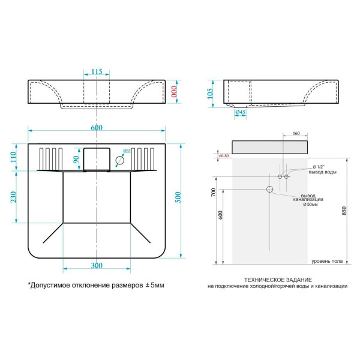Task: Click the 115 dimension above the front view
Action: click(97, 71)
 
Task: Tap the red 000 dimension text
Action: click(175, 91)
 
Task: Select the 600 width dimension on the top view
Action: click(97, 127)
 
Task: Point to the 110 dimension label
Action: click(14, 158)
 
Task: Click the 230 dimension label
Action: click(14, 196)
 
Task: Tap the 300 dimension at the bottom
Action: click(97, 265)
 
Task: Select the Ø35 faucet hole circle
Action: click(120, 160)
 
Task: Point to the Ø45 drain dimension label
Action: click(239, 112)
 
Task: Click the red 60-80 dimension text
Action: click(224, 155)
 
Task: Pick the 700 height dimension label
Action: click(213, 193)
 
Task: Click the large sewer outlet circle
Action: click(269, 190)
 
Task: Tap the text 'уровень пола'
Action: click(327, 262)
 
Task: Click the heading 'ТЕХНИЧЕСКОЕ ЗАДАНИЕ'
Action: click(277, 280)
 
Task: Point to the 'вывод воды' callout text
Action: click(322, 172)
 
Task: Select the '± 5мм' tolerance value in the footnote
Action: click(152, 285)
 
